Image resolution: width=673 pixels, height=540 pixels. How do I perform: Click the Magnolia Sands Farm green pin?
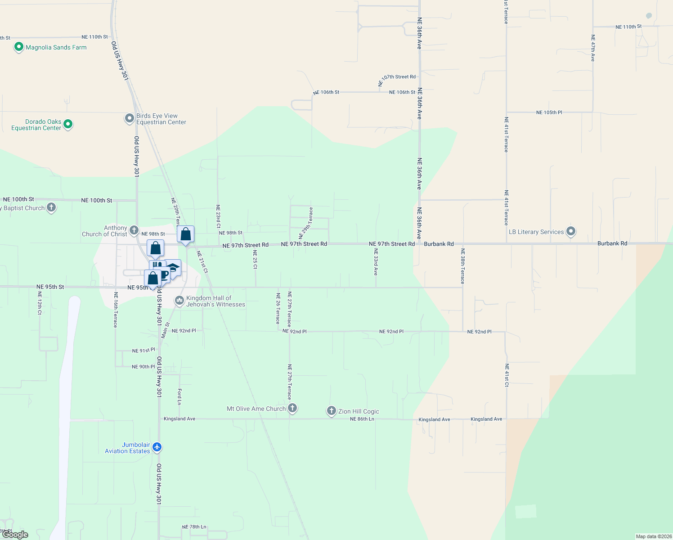tap(18, 47)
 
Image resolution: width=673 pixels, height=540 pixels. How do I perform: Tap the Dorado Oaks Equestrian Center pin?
tap(68, 124)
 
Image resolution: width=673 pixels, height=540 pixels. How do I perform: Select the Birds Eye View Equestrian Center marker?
tap(130, 118)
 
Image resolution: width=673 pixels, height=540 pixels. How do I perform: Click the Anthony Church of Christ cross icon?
tap(134, 230)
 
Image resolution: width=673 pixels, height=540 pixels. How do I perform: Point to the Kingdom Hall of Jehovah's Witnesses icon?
tap(179, 300)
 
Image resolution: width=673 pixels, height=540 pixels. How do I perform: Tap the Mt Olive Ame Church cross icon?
tap(292, 408)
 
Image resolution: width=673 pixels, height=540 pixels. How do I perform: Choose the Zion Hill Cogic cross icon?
tap(332, 410)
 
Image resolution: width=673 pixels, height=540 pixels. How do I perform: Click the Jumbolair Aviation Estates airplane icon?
tap(157, 447)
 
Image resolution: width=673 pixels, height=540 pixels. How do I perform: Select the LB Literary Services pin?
tap(571, 232)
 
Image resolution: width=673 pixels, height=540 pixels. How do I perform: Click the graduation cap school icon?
tap(173, 268)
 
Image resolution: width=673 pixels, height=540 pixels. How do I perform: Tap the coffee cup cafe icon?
tap(164, 274)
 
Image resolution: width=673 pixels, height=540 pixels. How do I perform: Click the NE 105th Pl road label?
tap(549, 112)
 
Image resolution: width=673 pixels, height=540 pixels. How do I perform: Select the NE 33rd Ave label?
tap(376, 262)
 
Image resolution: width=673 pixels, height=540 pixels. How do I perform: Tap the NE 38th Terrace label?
tap(462, 265)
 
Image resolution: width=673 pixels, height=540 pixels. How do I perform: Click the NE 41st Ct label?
tap(507, 375)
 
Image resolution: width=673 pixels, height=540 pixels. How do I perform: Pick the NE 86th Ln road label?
tap(362, 419)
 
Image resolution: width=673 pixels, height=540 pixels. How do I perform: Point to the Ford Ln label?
tap(179, 396)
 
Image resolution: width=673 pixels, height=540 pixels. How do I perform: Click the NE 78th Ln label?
tap(194, 527)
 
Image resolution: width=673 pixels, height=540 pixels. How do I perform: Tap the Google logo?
tap(15, 535)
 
